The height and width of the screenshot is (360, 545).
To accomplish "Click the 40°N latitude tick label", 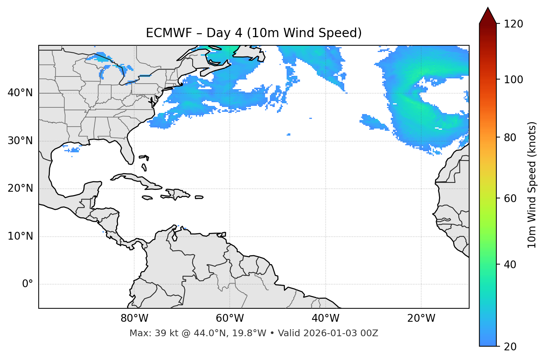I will [20, 93].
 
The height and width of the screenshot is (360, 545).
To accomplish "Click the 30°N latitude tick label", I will [20, 141].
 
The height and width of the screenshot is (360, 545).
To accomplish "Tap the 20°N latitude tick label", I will [20, 188].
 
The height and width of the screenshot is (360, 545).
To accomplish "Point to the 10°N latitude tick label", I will [20, 236].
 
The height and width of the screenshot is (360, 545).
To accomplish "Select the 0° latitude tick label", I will [27, 284].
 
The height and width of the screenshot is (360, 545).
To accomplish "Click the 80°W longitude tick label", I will [134, 318].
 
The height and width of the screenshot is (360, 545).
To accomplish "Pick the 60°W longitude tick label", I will [230, 318].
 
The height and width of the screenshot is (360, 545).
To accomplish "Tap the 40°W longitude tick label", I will [325, 318].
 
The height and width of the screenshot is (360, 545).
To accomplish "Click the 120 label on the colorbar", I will [513, 24].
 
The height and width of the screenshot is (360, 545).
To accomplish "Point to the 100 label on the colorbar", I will [513, 80].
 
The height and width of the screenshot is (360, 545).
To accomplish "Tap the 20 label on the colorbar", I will [510, 346].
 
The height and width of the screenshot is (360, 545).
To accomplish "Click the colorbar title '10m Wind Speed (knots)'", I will [532, 185].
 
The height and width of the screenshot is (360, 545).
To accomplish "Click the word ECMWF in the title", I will [168, 33].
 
